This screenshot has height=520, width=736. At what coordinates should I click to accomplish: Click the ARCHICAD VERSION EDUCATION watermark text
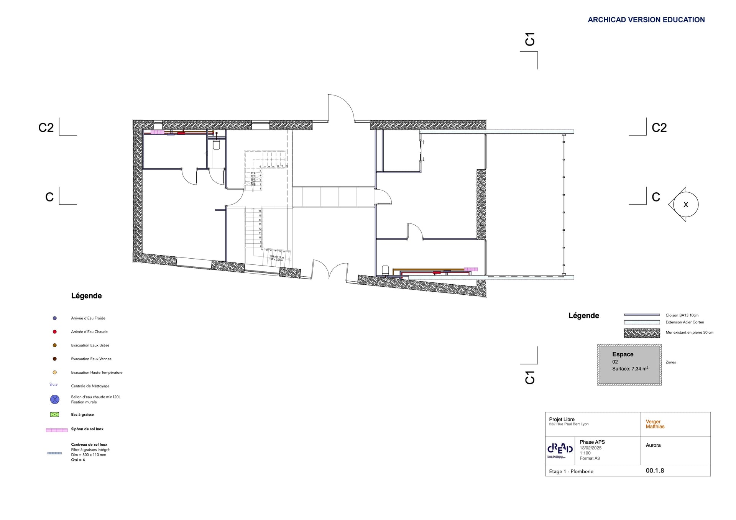click(x=646, y=20)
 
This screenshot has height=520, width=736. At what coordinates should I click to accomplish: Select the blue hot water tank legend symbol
click(x=55, y=399)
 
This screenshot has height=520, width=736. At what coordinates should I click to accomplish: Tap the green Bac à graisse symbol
click(x=55, y=414)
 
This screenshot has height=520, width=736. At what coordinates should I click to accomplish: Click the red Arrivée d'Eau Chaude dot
click(x=55, y=332)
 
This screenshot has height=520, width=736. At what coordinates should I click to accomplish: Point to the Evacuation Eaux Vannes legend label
click(x=91, y=359)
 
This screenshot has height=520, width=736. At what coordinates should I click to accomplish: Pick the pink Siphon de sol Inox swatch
click(x=57, y=430)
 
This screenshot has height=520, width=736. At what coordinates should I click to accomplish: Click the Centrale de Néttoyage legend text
click(x=90, y=386)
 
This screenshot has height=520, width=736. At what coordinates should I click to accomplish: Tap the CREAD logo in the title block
click(x=560, y=450)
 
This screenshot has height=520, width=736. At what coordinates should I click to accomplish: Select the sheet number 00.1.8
click(x=655, y=471)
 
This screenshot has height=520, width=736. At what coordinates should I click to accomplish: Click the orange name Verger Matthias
click(x=655, y=424)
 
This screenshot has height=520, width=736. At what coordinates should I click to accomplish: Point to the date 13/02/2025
click(x=590, y=448)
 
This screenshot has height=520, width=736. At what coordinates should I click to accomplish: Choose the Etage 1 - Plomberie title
click(x=571, y=471)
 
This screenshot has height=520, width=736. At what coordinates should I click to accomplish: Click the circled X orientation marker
click(x=685, y=205)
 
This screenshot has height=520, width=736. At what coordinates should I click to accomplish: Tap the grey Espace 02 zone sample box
click(x=629, y=364)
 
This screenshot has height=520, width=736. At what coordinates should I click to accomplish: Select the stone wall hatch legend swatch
click(x=642, y=333)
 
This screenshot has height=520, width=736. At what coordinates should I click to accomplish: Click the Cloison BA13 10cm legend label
click(x=682, y=315)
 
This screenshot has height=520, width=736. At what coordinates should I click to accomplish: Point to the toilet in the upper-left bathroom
click(x=216, y=145)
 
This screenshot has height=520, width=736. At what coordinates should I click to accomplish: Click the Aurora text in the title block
click(x=653, y=445)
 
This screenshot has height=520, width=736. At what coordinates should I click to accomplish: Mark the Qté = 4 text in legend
click(x=78, y=460)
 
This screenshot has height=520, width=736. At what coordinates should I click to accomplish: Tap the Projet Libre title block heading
click(x=562, y=419)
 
